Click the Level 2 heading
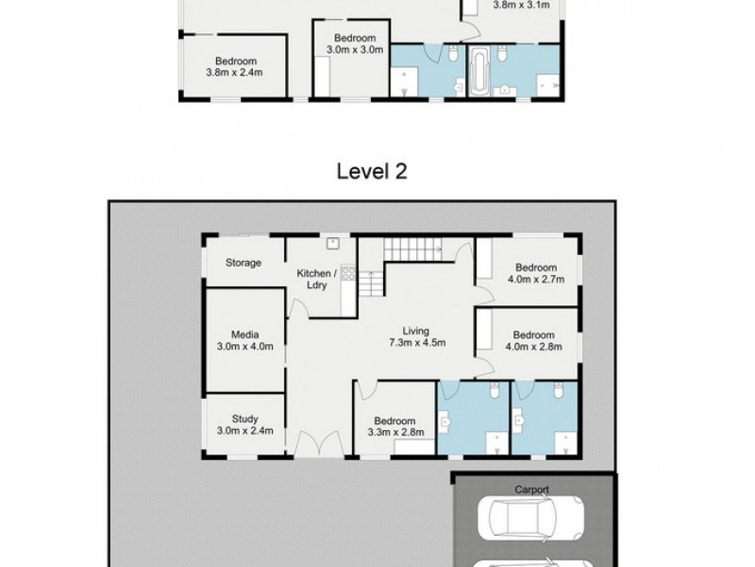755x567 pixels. point(372,171)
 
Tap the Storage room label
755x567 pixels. point(243,263)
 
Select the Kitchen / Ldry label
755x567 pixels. point(316,279)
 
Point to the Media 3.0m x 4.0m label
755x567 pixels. point(245,340)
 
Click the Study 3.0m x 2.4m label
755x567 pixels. point(245,424)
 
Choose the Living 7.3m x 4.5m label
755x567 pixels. point(416,336)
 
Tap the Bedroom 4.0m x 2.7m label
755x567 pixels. point(536,273)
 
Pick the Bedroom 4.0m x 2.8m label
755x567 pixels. point(533,340)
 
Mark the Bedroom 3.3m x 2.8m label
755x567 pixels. point(395,427)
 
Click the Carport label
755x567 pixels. point(531,490)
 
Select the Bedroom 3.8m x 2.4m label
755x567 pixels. point(235,66)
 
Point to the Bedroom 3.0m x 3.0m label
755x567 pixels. point(355,43)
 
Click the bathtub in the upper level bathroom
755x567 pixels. point(479,72)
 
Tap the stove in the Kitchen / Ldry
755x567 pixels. point(348,273)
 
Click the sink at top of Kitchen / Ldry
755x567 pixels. point(333,244)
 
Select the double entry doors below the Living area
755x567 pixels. point(318,444)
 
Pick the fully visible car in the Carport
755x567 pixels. point(530,519)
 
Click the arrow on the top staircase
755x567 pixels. point(437,249)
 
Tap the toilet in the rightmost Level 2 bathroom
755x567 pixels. point(558,390)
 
